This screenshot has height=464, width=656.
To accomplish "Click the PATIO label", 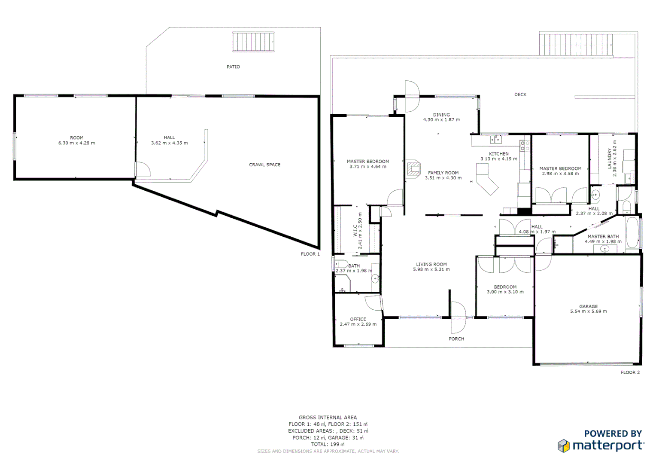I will point(233,67).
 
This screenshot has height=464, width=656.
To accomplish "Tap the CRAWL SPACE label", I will point(264,165).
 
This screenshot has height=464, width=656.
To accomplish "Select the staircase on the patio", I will point(253,42).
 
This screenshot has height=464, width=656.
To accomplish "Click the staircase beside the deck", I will point(576,44).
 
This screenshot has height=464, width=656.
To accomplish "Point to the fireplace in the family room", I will point(413,168).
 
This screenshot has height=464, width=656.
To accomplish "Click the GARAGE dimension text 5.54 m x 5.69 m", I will point(588,311).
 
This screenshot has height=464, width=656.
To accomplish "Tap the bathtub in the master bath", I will point(632,233).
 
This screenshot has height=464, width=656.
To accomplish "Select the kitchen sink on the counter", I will point(496,140).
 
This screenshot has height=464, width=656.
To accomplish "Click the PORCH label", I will point(456,339).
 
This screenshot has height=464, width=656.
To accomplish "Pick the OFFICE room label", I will point(358,319).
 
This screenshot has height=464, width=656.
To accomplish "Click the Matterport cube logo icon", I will point(564,446).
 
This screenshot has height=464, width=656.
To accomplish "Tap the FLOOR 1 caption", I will point(310,254).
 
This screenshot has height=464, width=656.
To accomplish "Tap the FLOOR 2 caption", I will point(630,372).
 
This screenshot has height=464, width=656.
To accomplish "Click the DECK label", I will point(520,95).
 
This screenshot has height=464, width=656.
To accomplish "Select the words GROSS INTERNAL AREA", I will point(328,417).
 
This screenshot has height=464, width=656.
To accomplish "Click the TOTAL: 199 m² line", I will point(328,444).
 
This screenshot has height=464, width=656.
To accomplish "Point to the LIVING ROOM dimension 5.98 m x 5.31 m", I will point(431,270).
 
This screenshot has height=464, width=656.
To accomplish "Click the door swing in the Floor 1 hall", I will point(143,169).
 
